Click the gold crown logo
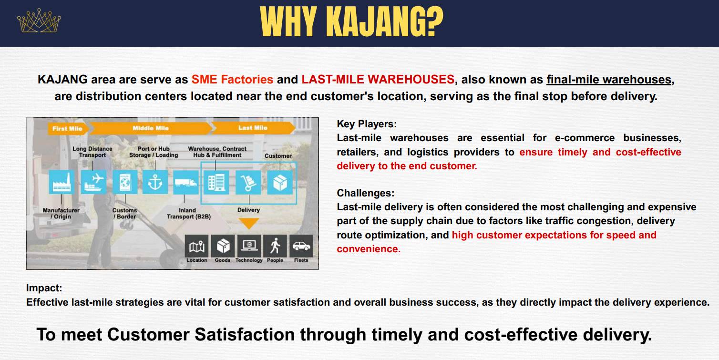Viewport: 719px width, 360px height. [x=39, y=20]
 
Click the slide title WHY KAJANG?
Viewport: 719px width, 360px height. [x=351, y=21]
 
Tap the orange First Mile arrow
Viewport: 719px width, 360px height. [x=67, y=129]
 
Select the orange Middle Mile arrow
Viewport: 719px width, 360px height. [x=151, y=128]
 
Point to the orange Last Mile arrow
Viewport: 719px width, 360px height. [x=253, y=128]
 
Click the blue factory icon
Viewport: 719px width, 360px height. [x=62, y=183]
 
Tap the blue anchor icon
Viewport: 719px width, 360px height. [x=154, y=183]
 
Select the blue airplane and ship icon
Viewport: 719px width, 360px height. [x=93, y=183]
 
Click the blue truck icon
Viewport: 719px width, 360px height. [x=186, y=183]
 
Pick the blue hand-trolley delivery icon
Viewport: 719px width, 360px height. [x=248, y=183]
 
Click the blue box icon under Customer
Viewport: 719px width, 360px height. [x=280, y=183]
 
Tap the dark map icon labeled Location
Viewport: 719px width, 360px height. [x=197, y=247]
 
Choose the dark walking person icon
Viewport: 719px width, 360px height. [x=275, y=247]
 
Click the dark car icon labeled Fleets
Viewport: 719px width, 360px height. [x=301, y=247]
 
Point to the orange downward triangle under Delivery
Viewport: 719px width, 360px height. [x=249, y=223]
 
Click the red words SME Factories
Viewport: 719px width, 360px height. [x=232, y=79]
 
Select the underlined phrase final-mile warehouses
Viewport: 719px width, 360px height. [x=609, y=80]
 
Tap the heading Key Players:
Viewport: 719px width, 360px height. [x=367, y=124]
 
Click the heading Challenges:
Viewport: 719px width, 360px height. [x=366, y=193]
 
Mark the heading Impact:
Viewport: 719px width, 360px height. [x=44, y=288]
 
